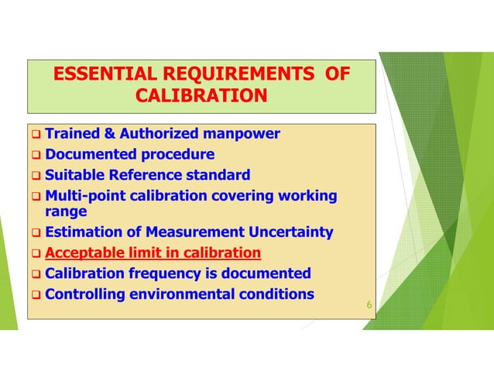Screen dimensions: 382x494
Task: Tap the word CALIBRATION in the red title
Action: click(x=201, y=95)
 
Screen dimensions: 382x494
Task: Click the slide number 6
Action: click(x=369, y=306)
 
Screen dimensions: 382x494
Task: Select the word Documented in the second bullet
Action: click(x=91, y=154)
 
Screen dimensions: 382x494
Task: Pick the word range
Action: click(x=66, y=211)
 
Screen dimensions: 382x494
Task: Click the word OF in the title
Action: click(x=335, y=74)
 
